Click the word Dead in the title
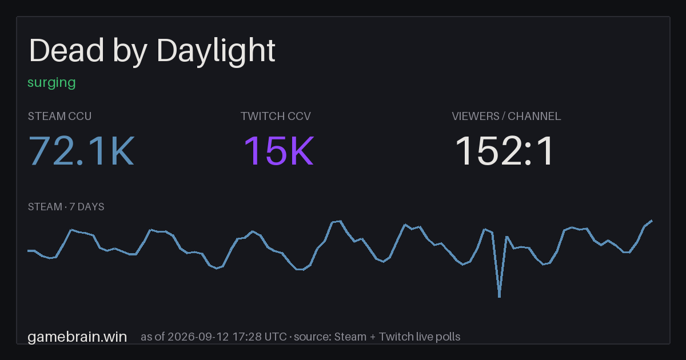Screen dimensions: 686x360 (66, 50)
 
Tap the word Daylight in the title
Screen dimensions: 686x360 (216, 53)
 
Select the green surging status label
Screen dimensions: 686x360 (51, 83)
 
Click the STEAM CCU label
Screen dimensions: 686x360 (59, 117)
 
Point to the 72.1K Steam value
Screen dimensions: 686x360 (81, 151)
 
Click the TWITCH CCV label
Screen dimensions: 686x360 (276, 117)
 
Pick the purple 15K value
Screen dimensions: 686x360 (279, 151)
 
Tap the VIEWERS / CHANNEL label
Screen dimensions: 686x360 (506, 117)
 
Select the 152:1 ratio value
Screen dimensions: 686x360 (504, 151)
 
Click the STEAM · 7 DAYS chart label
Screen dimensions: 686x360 (66, 207)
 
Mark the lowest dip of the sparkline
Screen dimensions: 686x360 (499, 297)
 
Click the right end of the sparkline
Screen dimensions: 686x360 (652, 221)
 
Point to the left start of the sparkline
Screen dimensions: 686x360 (28, 251)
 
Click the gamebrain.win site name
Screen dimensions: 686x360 (77, 337)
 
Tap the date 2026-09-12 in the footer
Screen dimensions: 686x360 (198, 337)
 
